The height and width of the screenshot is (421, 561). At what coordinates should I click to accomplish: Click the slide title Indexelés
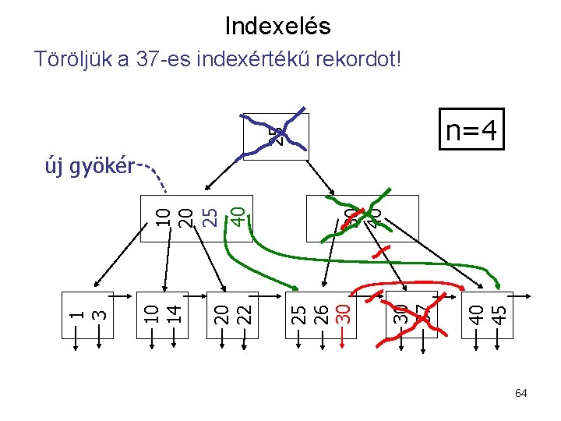coord(277,26)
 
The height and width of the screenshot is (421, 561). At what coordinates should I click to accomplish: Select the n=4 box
coord(470,129)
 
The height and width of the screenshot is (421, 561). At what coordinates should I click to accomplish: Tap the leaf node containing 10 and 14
coord(162,316)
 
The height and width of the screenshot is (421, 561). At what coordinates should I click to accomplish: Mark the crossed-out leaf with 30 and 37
coord(412,316)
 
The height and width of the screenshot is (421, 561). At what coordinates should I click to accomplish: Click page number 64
coord(520,394)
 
